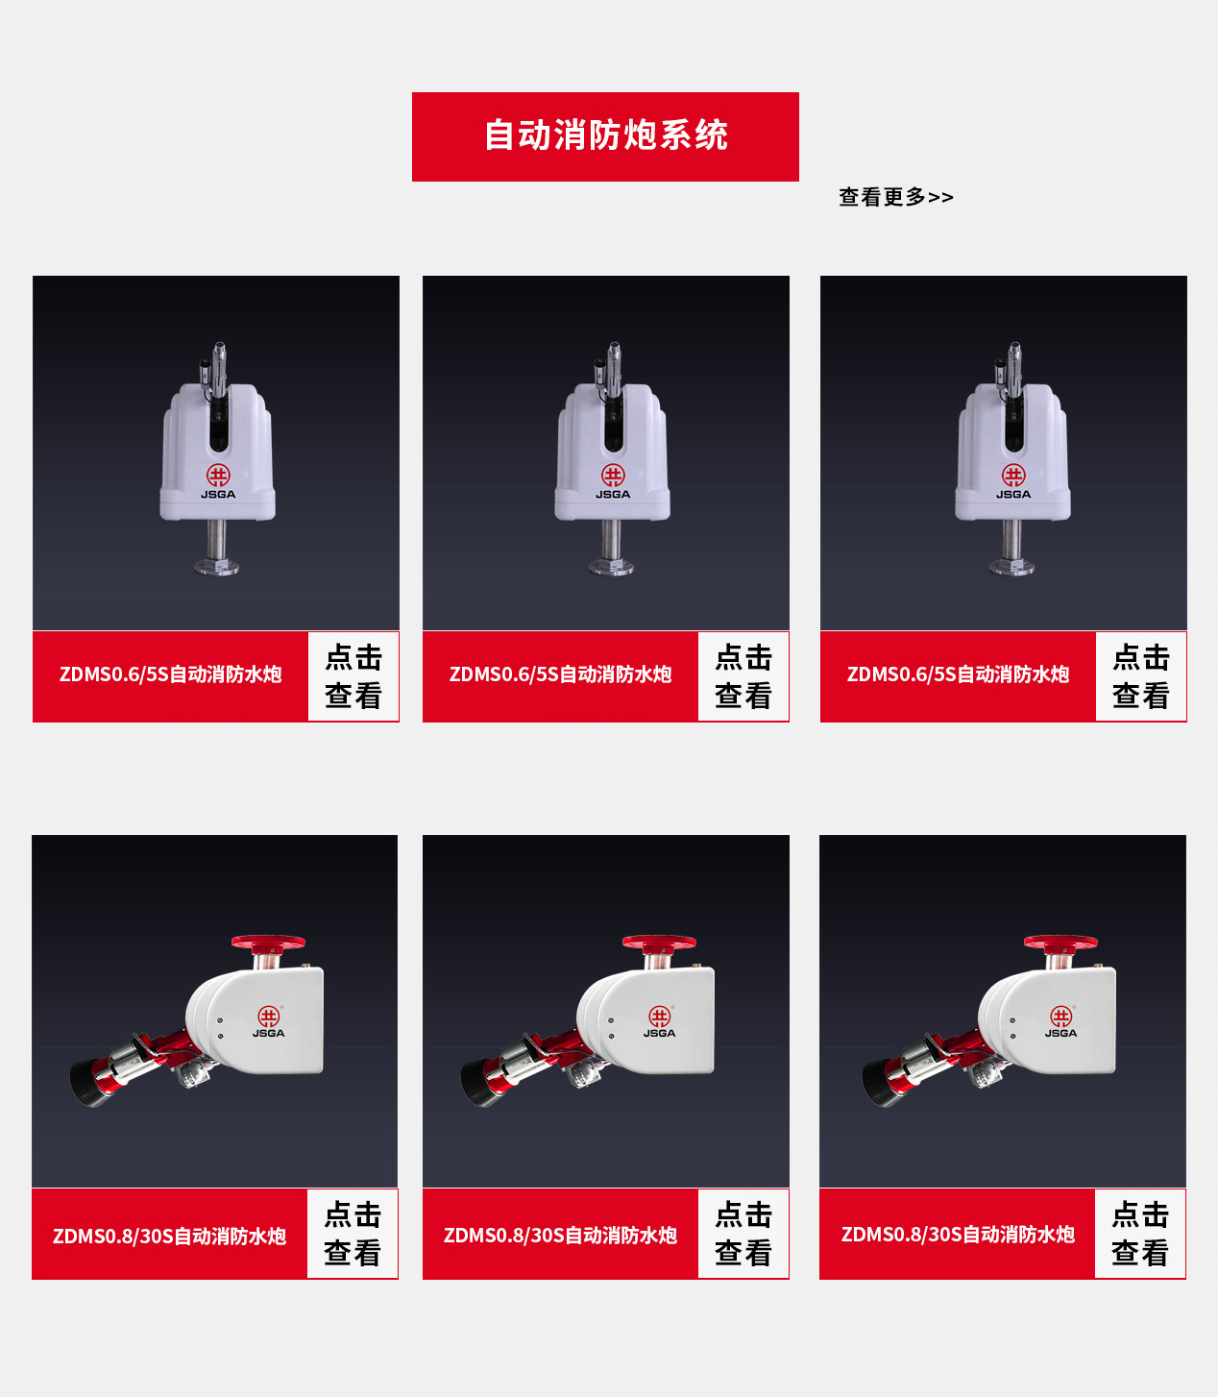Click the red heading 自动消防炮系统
pyautogui.click(x=605, y=136)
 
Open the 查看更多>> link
pyautogui.click(x=895, y=197)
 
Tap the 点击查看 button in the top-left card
pyautogui.click(x=353, y=676)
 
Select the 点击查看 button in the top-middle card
pyautogui.click(x=743, y=676)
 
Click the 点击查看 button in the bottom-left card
pyautogui.click(x=353, y=1234)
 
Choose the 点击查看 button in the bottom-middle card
pyautogui.click(x=743, y=1234)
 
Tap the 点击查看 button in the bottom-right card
pyautogui.click(x=1140, y=1234)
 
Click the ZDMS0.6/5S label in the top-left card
pyautogui.click(x=170, y=674)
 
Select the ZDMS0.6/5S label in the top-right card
pyautogui.click(x=958, y=674)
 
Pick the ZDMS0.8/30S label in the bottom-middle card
pyautogui.click(x=560, y=1235)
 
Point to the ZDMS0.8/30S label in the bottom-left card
pyautogui.click(x=169, y=1236)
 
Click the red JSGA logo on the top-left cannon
pyautogui.click(x=219, y=477)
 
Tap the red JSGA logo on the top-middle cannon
pyautogui.click(x=613, y=477)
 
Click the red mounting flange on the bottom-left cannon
pyautogui.click(x=268, y=943)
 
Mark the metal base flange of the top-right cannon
pyautogui.click(x=1011, y=566)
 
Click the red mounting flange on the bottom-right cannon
pyautogui.click(x=1060, y=943)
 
